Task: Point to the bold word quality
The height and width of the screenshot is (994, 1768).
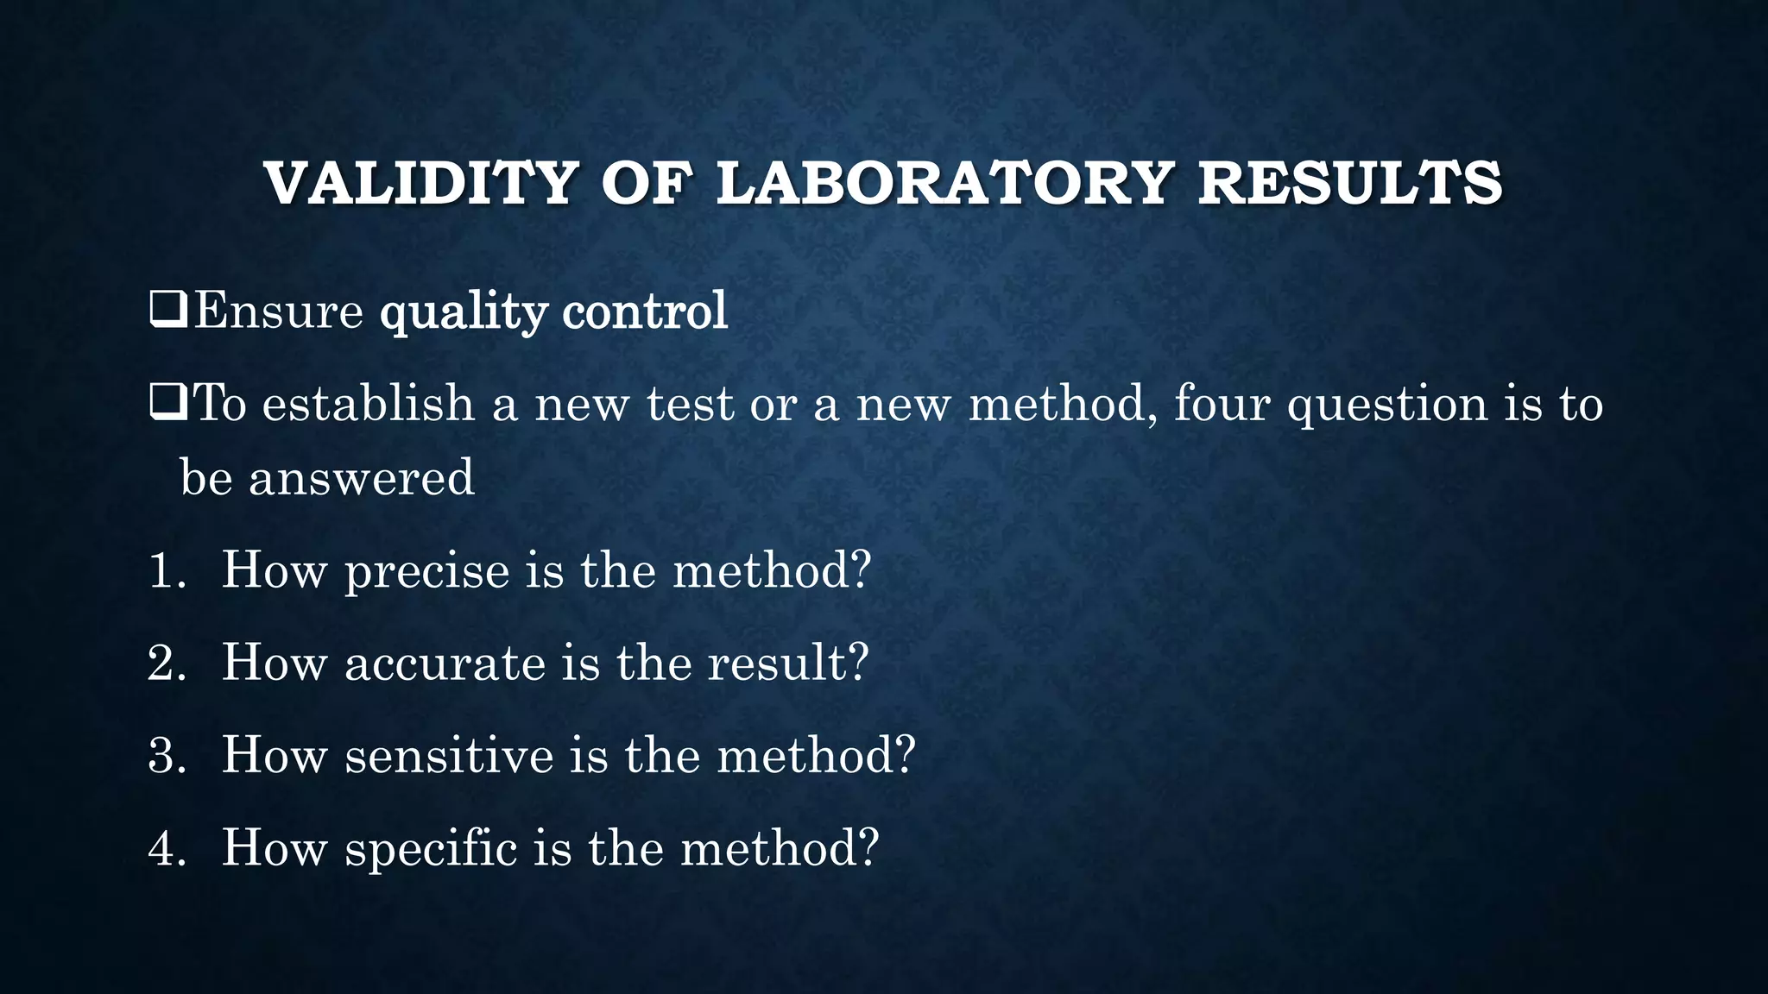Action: tap(464, 312)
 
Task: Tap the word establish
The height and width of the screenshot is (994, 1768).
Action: tap(369, 403)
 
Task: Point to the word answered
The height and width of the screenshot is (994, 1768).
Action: tap(362, 477)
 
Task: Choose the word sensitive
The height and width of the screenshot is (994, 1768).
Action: tap(449, 756)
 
